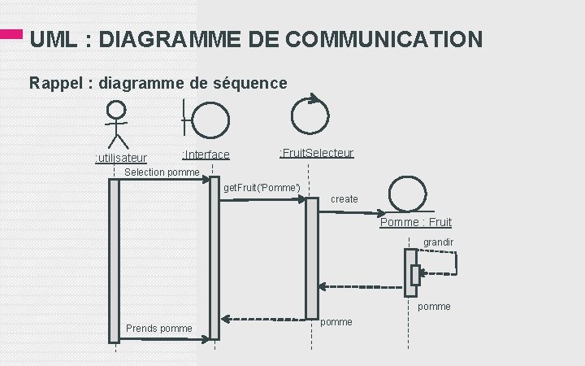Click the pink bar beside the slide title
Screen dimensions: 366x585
11,35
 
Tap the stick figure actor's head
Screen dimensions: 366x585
118,110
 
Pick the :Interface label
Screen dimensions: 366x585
206,155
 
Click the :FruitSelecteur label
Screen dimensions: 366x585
316,153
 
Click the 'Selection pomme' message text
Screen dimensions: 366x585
162,172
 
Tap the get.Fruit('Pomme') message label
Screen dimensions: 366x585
262,189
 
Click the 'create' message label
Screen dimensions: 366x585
344,199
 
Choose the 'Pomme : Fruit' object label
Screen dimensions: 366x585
415,222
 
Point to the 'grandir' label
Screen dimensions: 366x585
439,242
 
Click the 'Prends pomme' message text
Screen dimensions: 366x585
159,329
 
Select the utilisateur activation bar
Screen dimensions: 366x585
114,260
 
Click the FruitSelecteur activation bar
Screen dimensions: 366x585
311,258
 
